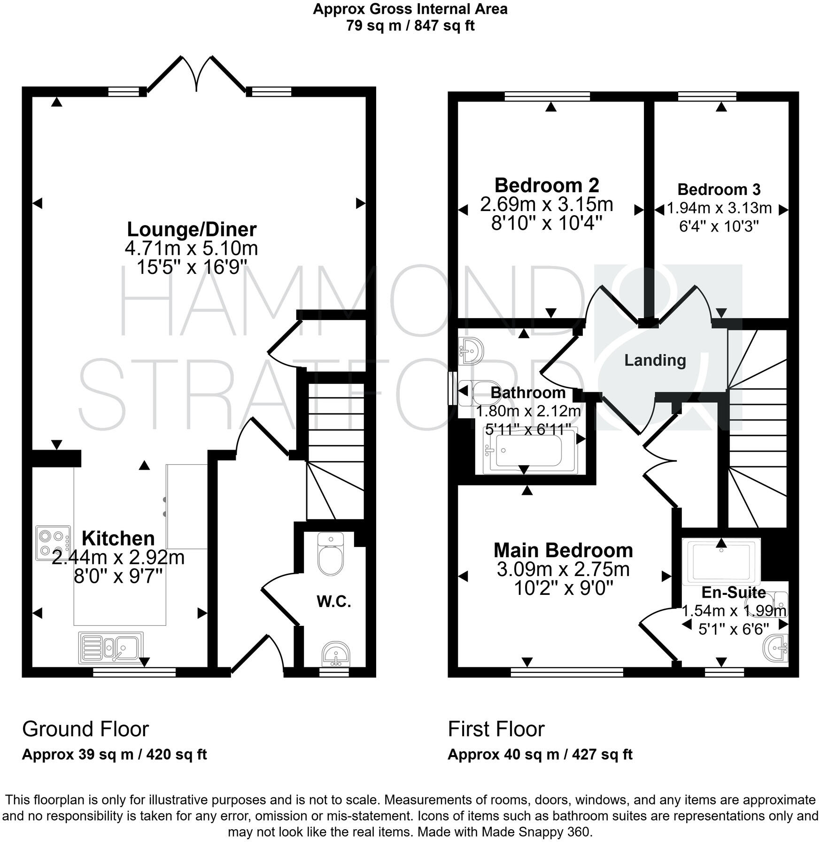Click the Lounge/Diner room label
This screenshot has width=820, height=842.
click(x=192, y=229)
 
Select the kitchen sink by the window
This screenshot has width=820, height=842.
click(x=112, y=647)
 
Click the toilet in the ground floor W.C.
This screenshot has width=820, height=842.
click(x=331, y=554)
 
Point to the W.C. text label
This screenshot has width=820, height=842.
click(x=333, y=601)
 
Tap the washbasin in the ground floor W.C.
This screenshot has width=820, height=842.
click(x=335, y=654)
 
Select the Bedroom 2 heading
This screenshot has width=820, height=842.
click(x=547, y=185)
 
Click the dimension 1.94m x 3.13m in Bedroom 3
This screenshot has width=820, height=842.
click(x=719, y=208)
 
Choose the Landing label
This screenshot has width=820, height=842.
click(x=655, y=360)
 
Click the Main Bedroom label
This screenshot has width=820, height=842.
click(x=563, y=550)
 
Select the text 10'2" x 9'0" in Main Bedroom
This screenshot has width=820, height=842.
click(x=564, y=588)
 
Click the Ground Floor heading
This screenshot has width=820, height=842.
click(x=85, y=729)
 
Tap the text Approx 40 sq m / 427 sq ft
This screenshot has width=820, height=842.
click(x=540, y=755)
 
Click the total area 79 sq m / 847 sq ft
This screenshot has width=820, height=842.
click(x=410, y=25)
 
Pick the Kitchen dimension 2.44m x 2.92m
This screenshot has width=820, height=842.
click(x=118, y=558)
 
